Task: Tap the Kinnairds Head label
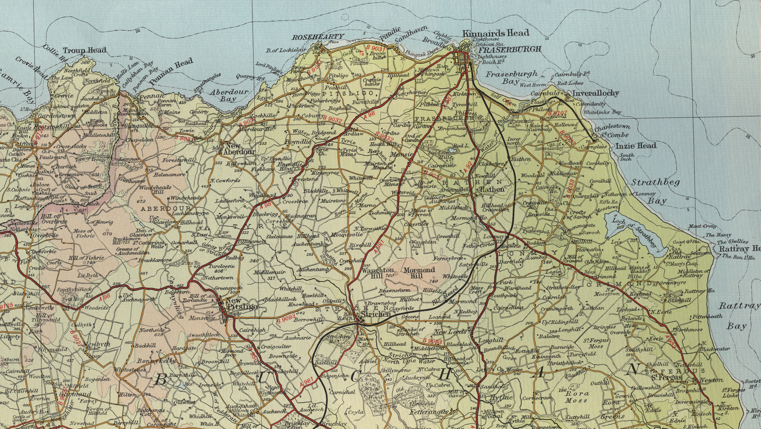coord(495,33)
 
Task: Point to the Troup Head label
coord(85,50)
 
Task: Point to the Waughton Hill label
coord(371,273)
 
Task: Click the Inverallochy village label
coord(595,93)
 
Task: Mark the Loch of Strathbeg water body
coord(634,233)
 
